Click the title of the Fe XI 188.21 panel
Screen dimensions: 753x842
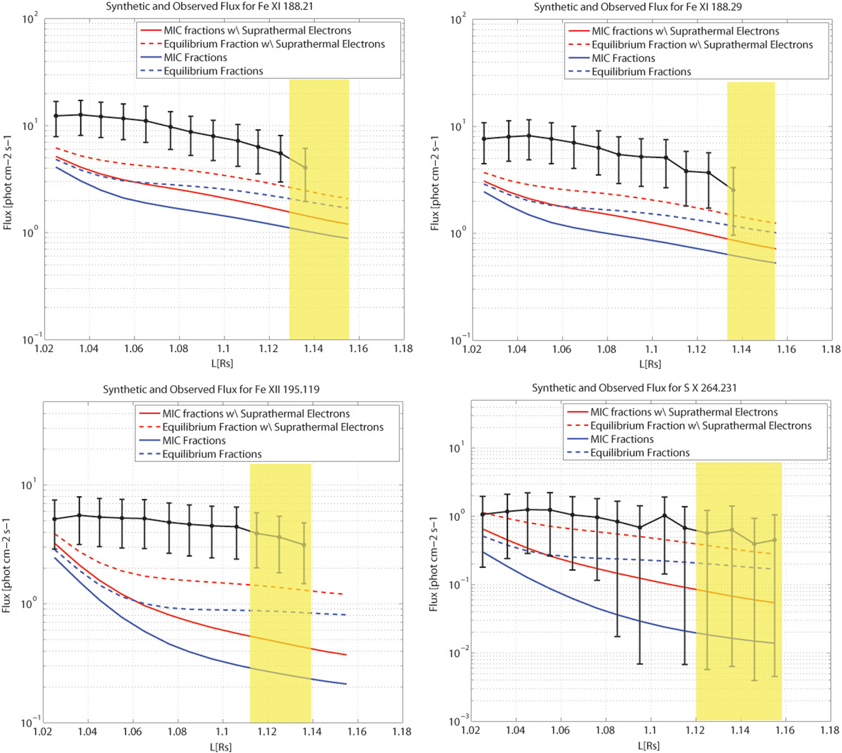209,7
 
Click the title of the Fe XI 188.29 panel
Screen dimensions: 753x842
638,7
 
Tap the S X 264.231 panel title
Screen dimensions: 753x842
634,388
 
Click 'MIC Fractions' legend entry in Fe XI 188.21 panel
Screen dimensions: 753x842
195,57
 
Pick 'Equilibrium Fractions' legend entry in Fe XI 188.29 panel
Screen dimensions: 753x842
641,72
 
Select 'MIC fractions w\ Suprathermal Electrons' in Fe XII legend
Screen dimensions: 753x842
255,413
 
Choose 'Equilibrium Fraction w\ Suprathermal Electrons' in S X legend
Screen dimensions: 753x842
700,425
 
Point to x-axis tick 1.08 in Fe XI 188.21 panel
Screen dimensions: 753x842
179,349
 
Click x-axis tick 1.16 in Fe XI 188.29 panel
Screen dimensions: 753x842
786,349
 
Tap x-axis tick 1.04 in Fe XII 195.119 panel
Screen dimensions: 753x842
87,731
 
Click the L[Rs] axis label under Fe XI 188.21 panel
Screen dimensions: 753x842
222,363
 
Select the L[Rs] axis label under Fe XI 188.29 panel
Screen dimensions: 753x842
650,364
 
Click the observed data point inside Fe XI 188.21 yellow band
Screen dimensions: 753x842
305,168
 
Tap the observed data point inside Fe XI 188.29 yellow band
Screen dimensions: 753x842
733,190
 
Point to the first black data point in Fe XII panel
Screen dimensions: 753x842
54,519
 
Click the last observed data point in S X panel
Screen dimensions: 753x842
774,540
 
